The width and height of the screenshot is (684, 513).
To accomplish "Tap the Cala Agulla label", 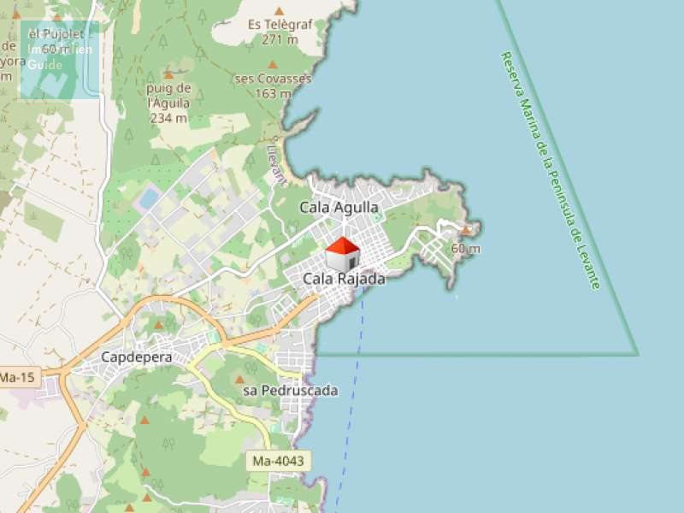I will click(x=339, y=207).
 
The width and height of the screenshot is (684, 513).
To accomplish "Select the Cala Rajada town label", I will click(x=344, y=279).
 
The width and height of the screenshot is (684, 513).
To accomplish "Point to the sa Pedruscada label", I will click(x=291, y=391).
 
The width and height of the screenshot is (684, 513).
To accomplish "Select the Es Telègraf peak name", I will click(x=278, y=26).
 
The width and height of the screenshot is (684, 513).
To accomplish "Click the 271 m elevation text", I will click(x=280, y=39).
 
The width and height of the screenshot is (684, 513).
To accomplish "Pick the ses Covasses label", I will click(x=273, y=79).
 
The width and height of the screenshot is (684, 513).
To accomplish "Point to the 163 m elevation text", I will click(x=273, y=93).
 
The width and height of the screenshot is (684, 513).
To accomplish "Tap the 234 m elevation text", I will click(x=168, y=118).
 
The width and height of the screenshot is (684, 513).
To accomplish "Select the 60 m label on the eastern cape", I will click(x=465, y=249).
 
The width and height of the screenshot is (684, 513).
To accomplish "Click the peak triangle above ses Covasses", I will click(x=273, y=64).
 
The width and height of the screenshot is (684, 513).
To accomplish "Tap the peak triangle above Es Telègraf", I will click(x=279, y=10).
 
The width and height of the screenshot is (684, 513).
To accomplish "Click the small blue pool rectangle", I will click(x=150, y=198).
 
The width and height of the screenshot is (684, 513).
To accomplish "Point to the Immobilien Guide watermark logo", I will click(x=60, y=58).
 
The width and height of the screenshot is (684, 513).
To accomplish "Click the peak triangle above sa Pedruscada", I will click(x=240, y=378).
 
